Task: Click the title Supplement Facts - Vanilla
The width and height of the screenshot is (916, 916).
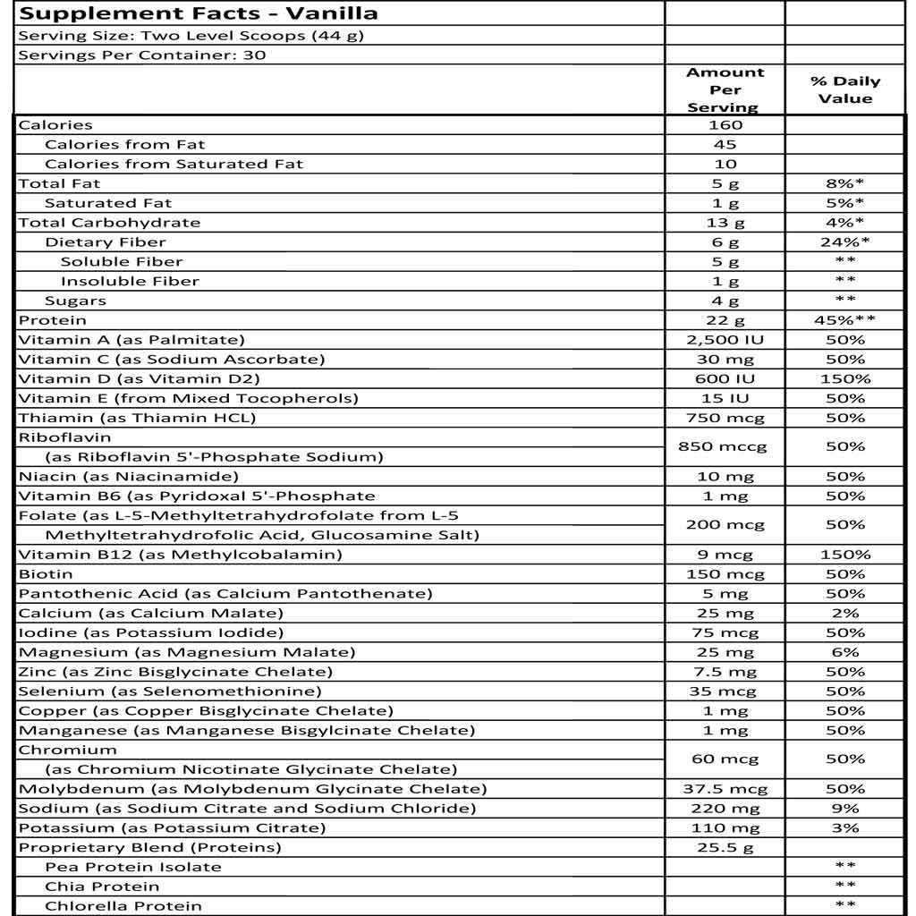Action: [x=198, y=13]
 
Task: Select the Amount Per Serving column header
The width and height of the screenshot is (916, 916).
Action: [x=725, y=90]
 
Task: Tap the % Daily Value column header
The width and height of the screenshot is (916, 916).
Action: [x=844, y=89]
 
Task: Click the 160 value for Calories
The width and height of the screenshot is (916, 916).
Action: [x=725, y=125]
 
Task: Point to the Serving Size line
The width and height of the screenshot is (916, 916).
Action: [x=191, y=36]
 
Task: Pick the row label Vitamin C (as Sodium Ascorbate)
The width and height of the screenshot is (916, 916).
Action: [x=171, y=360]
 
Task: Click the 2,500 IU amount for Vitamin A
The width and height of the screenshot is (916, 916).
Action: [x=725, y=340]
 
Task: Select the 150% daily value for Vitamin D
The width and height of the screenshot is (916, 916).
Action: [x=844, y=379]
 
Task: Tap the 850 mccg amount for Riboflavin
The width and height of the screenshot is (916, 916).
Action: [x=725, y=446]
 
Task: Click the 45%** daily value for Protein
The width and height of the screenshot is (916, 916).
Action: [x=844, y=320]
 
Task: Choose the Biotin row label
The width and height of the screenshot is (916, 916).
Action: [x=46, y=574]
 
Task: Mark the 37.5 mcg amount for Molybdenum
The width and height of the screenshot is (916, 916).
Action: [x=725, y=789]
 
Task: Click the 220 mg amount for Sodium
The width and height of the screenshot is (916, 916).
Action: [x=725, y=809]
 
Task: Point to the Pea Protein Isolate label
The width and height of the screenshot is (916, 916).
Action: [x=132, y=867]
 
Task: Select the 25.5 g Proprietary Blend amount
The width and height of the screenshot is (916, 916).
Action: [x=725, y=847]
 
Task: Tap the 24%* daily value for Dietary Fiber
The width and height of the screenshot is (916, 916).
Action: [x=844, y=242]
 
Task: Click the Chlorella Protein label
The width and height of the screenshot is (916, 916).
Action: [x=123, y=906]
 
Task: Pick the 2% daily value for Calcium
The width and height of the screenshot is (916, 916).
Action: [x=844, y=614]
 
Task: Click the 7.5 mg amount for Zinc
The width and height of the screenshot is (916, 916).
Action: [x=725, y=672]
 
